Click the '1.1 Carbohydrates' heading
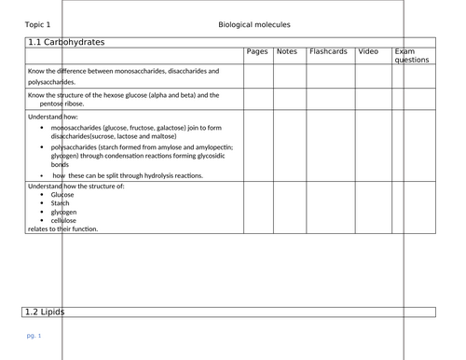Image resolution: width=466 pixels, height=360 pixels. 65,43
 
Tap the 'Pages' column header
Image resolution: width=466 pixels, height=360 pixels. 257,51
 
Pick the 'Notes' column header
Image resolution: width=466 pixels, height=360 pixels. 287,51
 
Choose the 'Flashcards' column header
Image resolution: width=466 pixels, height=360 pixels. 329,51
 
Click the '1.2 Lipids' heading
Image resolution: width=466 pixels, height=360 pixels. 47,311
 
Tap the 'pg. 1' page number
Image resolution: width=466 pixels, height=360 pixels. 34,335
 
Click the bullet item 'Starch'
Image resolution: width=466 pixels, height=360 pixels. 62,202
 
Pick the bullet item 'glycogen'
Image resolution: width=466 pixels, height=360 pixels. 66,212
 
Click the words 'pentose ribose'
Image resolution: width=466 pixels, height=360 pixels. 67,103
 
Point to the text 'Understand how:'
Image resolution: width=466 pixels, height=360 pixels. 53,116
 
